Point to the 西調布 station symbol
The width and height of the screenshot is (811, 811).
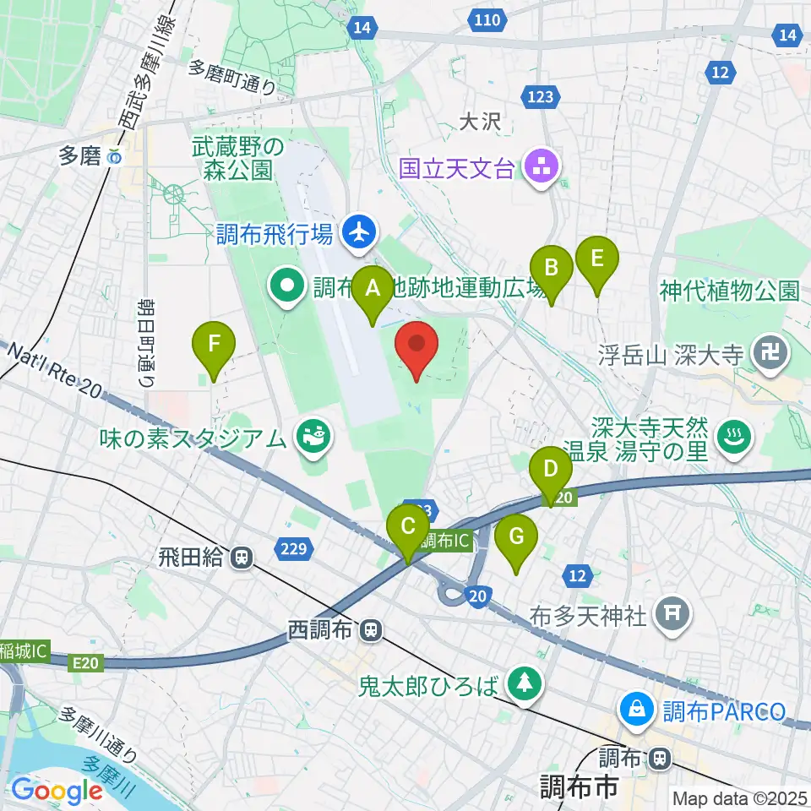(370, 630)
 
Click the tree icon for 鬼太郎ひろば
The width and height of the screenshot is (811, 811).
(525, 683)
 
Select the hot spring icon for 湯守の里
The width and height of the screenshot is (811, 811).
(732, 437)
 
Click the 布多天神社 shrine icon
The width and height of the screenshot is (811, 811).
(672, 614)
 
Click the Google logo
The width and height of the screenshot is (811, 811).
(57, 791)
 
